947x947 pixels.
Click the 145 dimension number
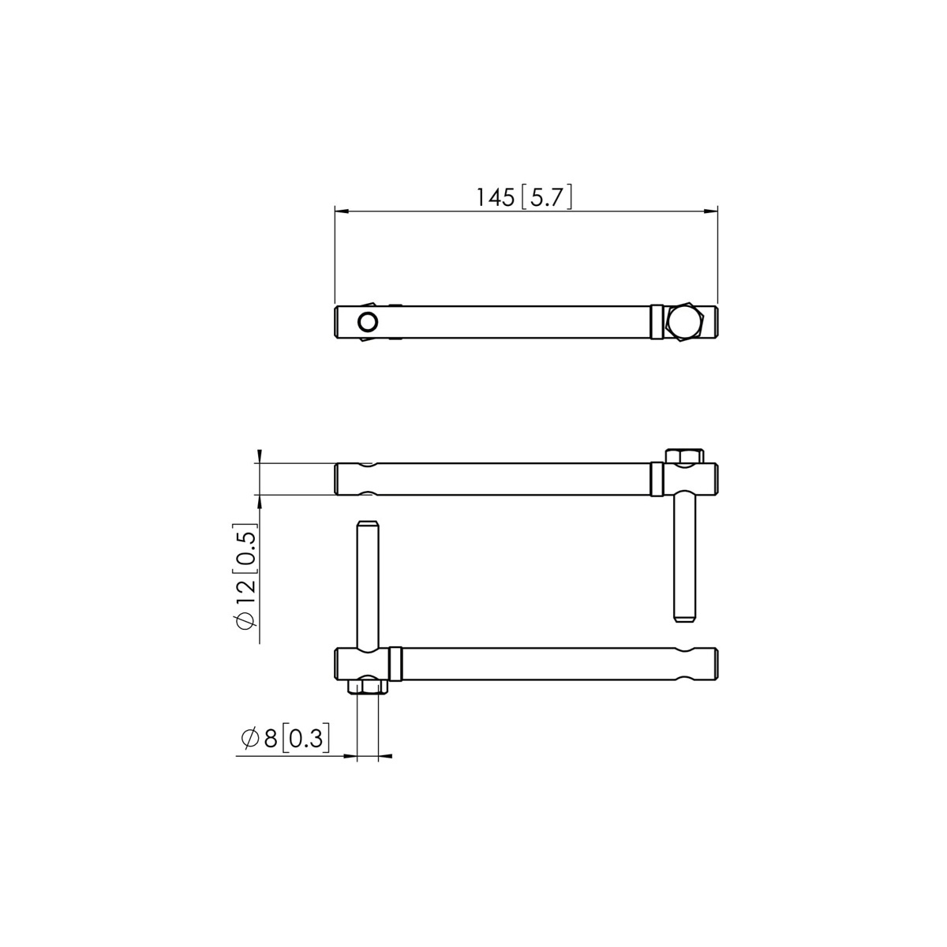coord(495,197)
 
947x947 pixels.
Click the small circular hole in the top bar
coord(368,323)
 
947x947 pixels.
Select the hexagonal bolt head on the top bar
coord(685,322)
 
